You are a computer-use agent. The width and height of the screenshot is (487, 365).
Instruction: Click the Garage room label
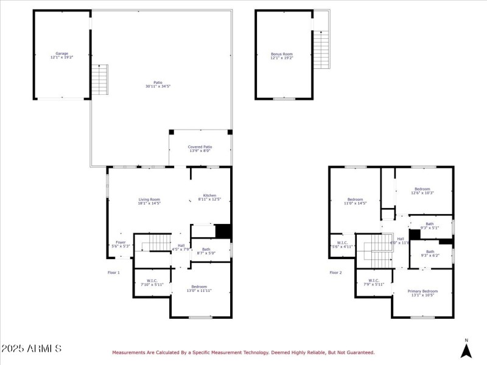pyautogui.click(x=62, y=55)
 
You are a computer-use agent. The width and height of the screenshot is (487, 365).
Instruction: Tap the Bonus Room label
pyautogui.click(x=282, y=55)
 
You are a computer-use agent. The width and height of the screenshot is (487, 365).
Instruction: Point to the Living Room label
pyautogui.click(x=149, y=201)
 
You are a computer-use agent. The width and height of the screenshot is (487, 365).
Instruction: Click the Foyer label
pyautogui.click(x=121, y=244)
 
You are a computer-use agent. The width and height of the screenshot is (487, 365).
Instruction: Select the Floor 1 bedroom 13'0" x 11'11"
pyautogui.click(x=199, y=289)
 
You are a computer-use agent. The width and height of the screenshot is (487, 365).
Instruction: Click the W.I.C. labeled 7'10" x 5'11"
pyautogui.click(x=152, y=282)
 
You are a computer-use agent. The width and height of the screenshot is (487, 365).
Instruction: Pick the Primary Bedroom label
pyautogui.click(x=422, y=293)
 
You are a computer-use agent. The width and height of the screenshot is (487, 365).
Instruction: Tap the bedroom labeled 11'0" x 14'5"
pyautogui.click(x=355, y=201)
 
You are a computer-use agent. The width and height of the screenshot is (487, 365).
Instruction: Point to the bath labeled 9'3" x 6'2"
pyautogui.click(x=430, y=253)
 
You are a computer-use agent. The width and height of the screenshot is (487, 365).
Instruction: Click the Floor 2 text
pyautogui.click(x=335, y=273)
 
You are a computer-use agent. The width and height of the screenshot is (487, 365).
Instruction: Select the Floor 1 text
pyautogui.click(x=113, y=273)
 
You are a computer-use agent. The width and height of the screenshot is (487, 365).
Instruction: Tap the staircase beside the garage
pyautogui.click(x=100, y=79)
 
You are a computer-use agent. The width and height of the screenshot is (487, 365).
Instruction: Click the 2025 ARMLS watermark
pyautogui.click(x=31, y=349)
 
